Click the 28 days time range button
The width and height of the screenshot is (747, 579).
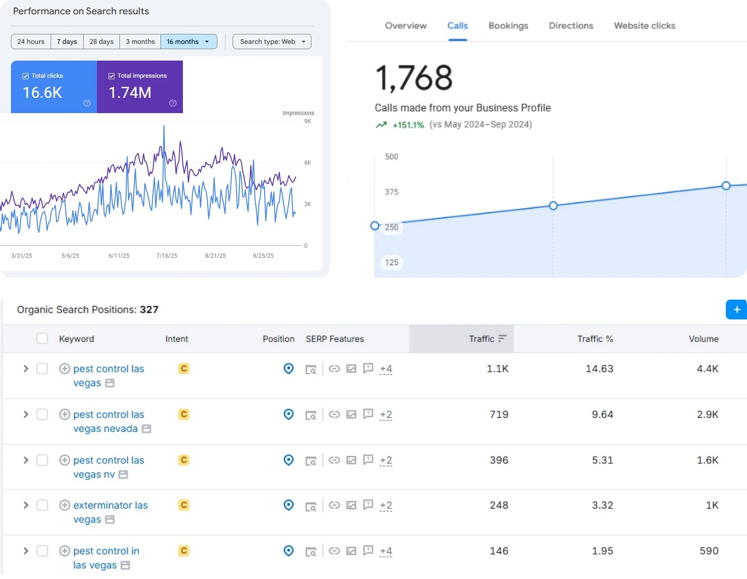pos(101,42)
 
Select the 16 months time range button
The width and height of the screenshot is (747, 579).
pos(188,42)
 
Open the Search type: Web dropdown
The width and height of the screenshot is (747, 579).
pos(272,42)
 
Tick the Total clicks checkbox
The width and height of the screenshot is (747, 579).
pos(25,76)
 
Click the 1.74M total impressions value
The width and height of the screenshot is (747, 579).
pos(130,93)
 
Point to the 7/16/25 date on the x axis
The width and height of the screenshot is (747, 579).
pos(167,255)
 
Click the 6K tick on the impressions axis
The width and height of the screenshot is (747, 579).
pos(308,162)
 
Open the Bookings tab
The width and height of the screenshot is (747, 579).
pos(508,25)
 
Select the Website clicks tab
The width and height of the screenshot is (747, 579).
pos(645,25)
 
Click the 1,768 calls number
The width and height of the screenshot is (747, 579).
pos(414,78)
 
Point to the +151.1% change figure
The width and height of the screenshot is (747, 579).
pos(408,125)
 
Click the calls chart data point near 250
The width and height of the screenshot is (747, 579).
pos(375,226)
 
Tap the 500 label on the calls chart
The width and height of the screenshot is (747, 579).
pos(392,157)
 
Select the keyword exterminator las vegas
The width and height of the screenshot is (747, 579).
pos(110,512)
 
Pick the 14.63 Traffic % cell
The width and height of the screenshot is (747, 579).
pos(599,368)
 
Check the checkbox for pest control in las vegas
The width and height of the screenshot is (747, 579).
pos(43,551)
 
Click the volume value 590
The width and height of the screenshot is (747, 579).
pos(709,551)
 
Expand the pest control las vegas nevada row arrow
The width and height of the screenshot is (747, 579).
pos(26,414)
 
